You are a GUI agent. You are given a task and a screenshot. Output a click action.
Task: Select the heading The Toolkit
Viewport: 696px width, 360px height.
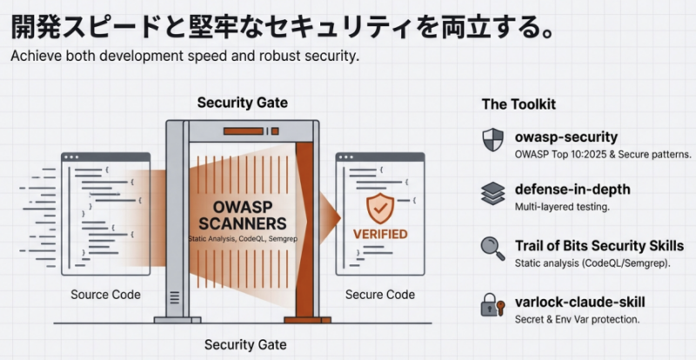point(519,104)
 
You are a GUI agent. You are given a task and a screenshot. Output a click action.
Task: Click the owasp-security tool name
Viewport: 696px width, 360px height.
point(565,137)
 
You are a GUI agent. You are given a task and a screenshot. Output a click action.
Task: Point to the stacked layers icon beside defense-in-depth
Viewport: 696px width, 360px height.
point(492,193)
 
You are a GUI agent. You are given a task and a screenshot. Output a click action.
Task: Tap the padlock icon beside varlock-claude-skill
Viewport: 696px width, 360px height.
point(492,304)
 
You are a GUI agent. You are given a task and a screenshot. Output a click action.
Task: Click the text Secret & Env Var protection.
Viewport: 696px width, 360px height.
point(577,319)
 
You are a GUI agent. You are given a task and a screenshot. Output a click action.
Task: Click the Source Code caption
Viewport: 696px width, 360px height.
point(105,295)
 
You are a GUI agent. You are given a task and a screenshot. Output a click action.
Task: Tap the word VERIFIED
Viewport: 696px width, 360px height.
point(379,234)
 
